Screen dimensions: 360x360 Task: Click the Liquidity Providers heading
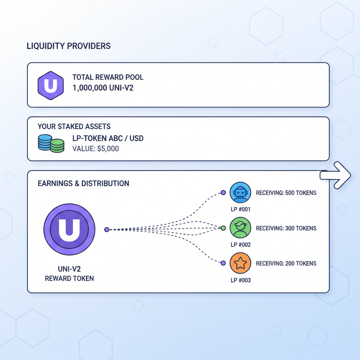pos(69,46)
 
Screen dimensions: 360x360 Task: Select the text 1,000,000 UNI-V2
pos(103,88)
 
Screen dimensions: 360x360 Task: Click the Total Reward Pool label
pos(108,77)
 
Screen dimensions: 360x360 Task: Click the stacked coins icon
pos(51,143)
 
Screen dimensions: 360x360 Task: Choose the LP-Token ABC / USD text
pos(108,139)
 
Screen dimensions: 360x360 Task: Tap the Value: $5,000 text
pos(95,149)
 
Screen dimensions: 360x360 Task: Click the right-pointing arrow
pos(336,175)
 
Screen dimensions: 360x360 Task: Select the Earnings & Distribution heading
pos(83,184)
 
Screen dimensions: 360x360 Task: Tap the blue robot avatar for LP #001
pos(240,193)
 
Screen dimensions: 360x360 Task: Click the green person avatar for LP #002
pos(240,228)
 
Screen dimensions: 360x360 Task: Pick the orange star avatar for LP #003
pos(240,263)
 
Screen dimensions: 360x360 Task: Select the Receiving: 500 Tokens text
pos(286,193)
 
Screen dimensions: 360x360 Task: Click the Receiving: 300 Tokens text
pos(286,229)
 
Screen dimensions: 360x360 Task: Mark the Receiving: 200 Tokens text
pos(286,264)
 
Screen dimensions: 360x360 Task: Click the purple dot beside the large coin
pos(107,230)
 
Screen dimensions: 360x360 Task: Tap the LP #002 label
pos(240,245)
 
